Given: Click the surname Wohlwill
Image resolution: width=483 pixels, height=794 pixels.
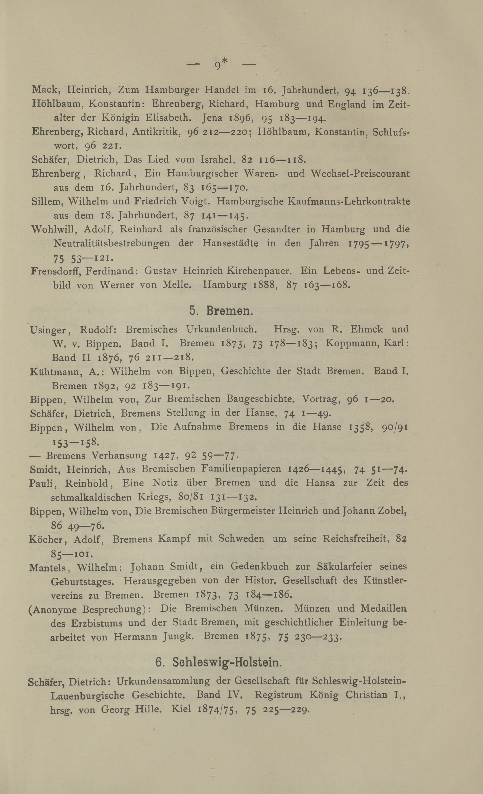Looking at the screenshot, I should click(53, 229).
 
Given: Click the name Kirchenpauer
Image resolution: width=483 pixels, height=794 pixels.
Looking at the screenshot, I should click(260, 271).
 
